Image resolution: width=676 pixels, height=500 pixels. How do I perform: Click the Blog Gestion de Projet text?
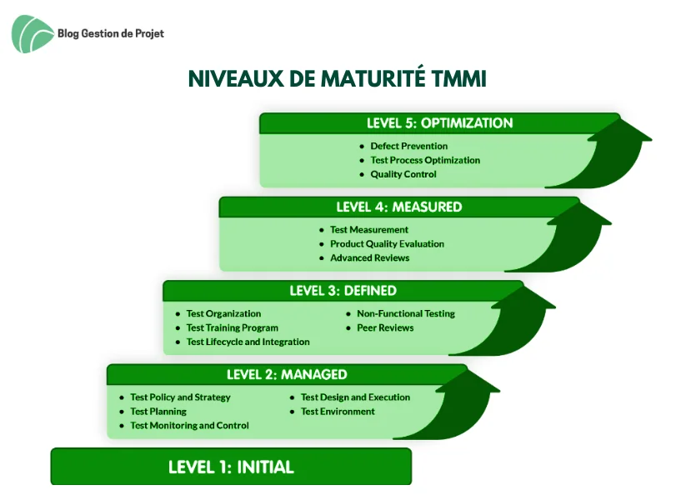tap(111, 33)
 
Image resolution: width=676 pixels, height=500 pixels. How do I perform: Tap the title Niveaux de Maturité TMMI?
tap(338, 78)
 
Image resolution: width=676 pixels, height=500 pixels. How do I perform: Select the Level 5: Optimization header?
tap(440, 123)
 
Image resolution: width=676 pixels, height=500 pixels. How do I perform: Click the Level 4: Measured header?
tap(399, 207)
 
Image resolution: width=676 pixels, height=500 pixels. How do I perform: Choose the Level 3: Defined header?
tap(343, 291)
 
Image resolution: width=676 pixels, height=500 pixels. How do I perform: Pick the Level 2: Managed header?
tap(287, 374)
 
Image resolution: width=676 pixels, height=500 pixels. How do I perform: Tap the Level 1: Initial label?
tap(231, 467)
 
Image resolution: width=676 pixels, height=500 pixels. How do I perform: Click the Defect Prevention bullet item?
tap(409, 146)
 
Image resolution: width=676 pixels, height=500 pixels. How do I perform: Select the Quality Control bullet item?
tap(403, 174)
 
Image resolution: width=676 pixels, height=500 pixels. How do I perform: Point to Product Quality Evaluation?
tap(387, 244)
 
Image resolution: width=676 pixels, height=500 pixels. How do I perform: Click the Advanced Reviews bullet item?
tap(370, 257)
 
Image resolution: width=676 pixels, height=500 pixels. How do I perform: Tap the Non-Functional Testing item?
tap(406, 313)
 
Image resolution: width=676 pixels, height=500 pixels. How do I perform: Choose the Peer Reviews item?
tap(385, 327)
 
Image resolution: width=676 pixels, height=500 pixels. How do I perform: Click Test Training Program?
tap(233, 327)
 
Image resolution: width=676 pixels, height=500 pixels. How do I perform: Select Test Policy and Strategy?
tap(181, 397)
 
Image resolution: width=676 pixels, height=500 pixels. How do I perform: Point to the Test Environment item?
tap(338, 411)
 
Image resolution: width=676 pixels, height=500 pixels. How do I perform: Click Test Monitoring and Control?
tap(190, 426)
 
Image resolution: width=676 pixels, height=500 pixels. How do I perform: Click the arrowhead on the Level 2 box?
tap(468, 381)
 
